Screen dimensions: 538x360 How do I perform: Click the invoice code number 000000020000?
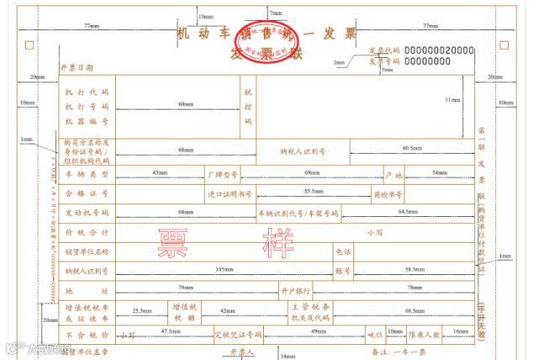(439, 50)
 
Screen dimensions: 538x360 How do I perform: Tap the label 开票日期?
(76, 67)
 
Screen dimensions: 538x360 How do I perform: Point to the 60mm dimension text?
(185, 104)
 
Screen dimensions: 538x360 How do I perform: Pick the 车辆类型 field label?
(87, 173)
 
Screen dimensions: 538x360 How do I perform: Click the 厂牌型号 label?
(223, 174)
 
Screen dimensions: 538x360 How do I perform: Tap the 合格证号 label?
(87, 193)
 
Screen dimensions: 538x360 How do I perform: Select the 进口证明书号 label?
(229, 193)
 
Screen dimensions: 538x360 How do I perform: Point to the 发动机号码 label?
(87, 213)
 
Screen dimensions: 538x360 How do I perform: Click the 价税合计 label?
(87, 231)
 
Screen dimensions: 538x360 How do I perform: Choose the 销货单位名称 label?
(87, 251)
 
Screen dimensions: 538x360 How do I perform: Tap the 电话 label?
(343, 251)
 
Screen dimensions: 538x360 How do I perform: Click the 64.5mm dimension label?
(408, 211)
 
